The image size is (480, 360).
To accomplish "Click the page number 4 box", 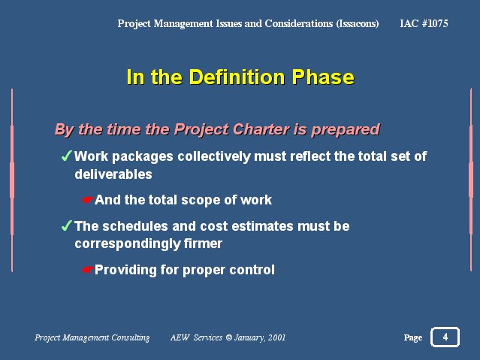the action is point(445,337).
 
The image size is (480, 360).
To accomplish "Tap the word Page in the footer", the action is point(413,337).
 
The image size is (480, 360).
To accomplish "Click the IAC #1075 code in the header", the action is point(424,23).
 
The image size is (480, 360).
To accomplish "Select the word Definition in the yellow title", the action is point(237,77).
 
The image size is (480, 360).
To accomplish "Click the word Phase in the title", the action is point(323,77).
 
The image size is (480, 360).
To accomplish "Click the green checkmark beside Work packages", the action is point(66,156).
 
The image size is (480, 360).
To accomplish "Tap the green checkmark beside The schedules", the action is point(66,225).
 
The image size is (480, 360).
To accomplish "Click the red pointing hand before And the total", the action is point(88,200).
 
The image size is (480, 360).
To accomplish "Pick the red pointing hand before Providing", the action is point(88,270).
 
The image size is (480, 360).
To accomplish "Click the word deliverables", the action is point(113,174).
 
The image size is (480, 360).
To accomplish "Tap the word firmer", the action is point(203,244).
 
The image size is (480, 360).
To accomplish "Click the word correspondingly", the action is point(128,244).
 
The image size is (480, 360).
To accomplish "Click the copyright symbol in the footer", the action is point(229,337).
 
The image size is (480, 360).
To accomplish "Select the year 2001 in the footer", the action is point(276,337).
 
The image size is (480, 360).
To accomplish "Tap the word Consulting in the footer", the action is point(131,337).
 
